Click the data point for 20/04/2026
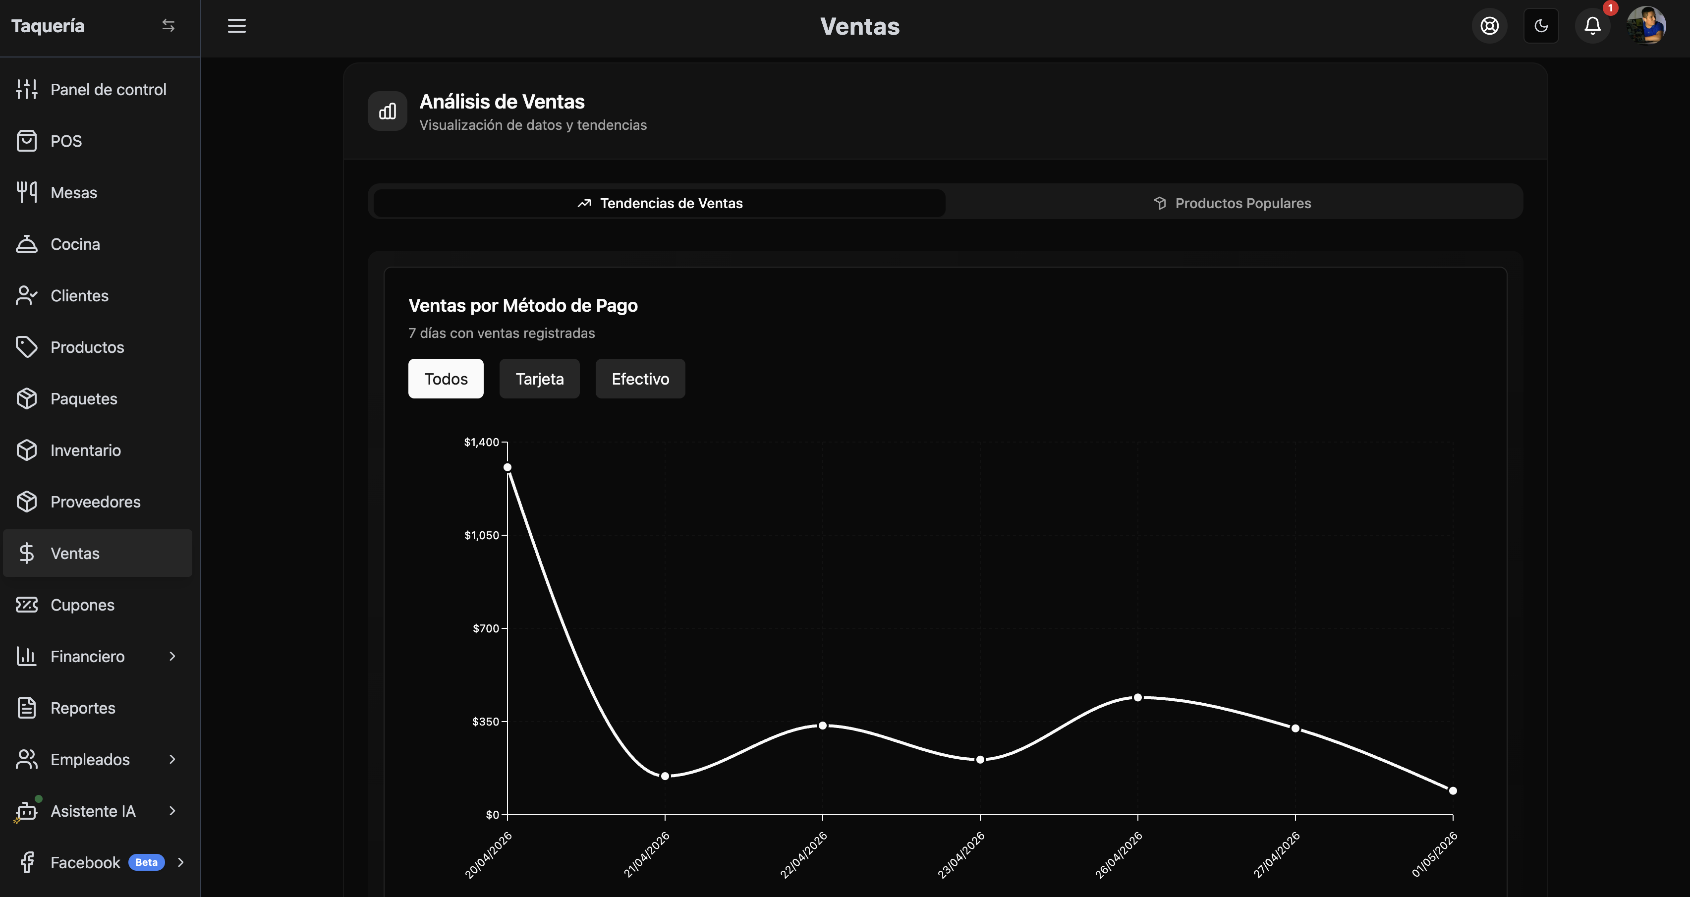(x=507, y=467)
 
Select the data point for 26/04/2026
(x=1137, y=697)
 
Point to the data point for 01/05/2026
(x=1453, y=791)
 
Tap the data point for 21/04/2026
(x=665, y=776)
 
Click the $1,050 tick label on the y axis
(x=482, y=535)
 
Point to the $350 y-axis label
(x=486, y=722)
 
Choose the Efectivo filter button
(x=640, y=379)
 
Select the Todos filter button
(x=446, y=379)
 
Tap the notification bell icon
(x=1593, y=26)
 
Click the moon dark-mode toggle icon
(x=1541, y=26)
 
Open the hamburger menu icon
(x=237, y=26)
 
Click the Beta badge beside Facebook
(x=146, y=862)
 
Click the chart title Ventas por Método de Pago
(x=523, y=306)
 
